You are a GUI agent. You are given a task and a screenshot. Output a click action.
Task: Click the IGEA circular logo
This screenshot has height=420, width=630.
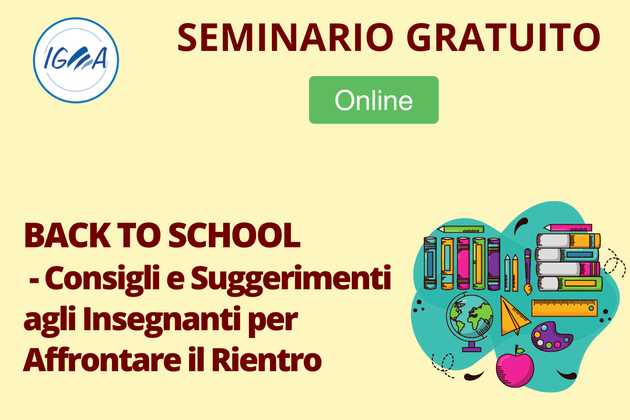pyautogui.click(x=76, y=60)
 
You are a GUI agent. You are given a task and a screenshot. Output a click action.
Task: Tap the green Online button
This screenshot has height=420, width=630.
pyautogui.click(x=373, y=100)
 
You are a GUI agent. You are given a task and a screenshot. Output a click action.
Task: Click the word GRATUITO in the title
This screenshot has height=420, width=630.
pyautogui.click(x=503, y=37)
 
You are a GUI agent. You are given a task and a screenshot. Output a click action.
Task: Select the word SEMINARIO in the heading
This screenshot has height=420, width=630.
pyautogui.click(x=285, y=37)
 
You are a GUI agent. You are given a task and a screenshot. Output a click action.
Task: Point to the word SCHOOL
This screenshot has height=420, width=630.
pyautogui.click(x=234, y=235)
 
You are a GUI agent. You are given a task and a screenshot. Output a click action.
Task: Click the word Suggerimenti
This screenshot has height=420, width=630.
pyautogui.click(x=291, y=280)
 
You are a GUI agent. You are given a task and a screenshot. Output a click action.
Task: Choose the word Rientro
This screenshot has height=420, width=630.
pyautogui.click(x=266, y=360)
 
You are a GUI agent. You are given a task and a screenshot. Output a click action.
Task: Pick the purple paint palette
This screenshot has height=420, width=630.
pyautogui.click(x=552, y=337)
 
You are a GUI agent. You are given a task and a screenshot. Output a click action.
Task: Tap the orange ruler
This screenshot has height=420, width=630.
pyautogui.click(x=564, y=308)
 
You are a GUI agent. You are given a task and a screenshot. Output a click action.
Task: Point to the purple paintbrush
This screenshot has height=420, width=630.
pyautogui.click(x=528, y=272)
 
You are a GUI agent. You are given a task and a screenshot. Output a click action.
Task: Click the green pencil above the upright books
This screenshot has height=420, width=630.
pyautogui.click(x=461, y=229)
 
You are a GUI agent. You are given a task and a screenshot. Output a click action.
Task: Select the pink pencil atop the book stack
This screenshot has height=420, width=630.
pyautogui.click(x=568, y=227)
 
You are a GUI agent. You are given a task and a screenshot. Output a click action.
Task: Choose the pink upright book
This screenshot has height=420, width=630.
pyautogui.click(x=463, y=263)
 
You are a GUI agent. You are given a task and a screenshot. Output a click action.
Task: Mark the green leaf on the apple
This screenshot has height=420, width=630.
pyautogui.click(x=520, y=351)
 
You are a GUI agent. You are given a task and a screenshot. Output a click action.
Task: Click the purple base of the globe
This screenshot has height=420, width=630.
pyautogui.click(x=471, y=349)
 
